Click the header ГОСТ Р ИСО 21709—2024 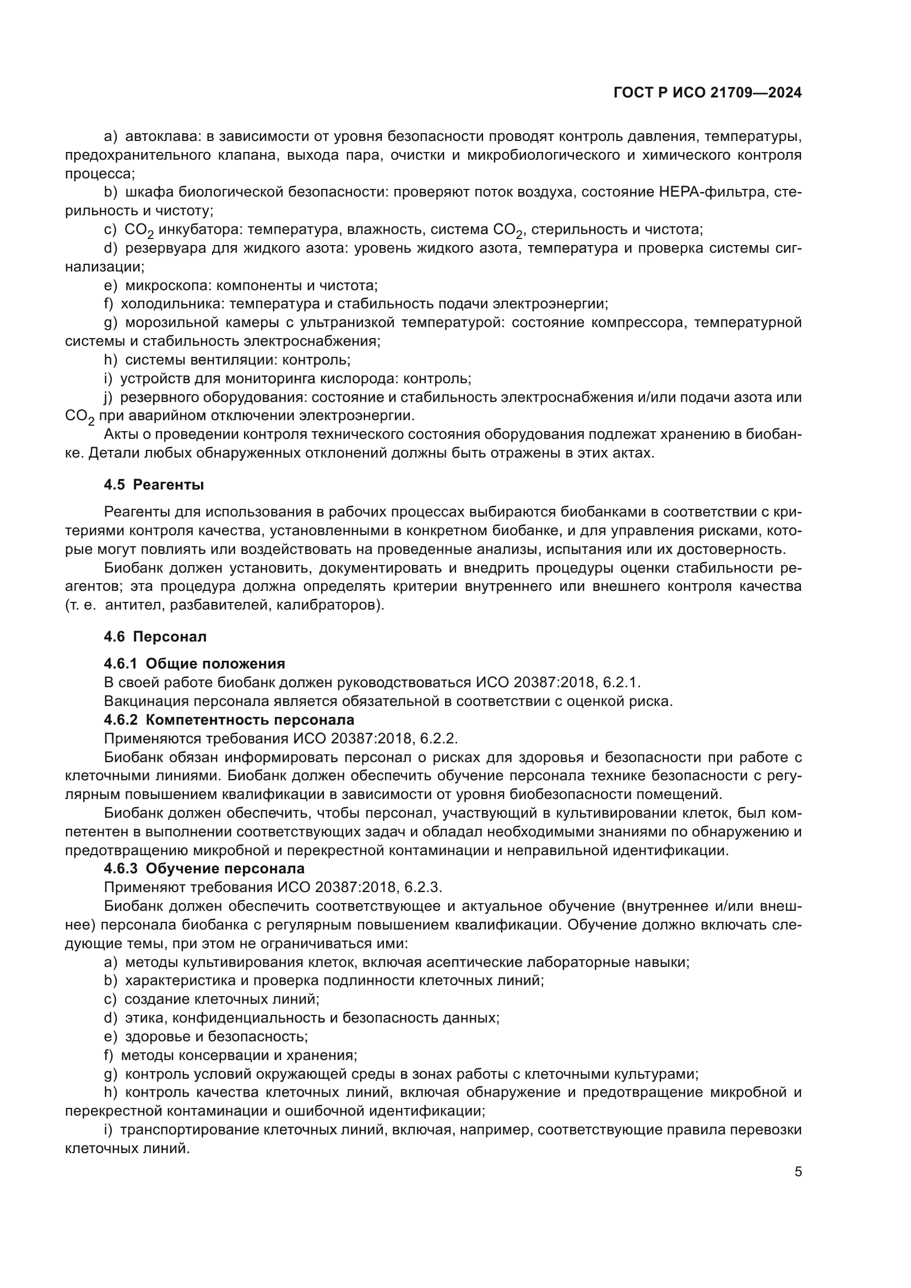[707, 93]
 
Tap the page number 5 [798, 1172]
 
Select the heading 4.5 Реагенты [154, 485]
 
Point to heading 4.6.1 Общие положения [194, 664]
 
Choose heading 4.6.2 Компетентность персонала [229, 720]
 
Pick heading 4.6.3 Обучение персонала [204, 868]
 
